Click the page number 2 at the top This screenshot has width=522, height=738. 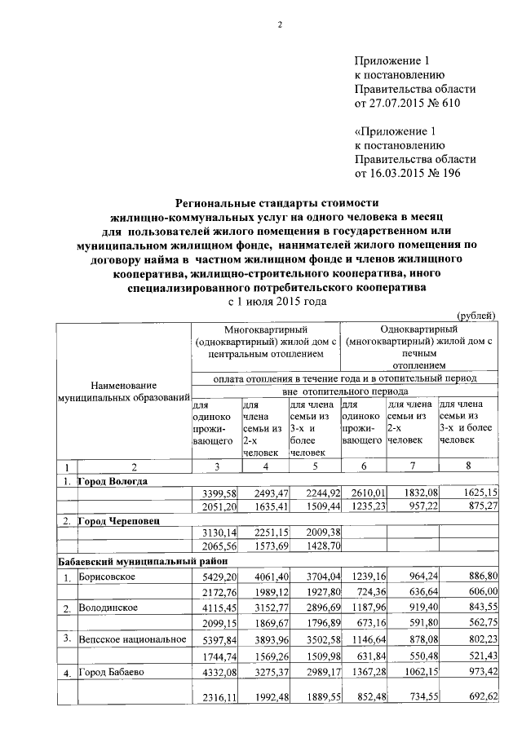pyautogui.click(x=278, y=24)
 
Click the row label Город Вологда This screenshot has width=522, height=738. pyautogui.click(x=113, y=481)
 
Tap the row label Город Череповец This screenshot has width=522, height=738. pyautogui.click(x=118, y=519)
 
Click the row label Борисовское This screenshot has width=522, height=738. pyautogui.click(x=107, y=577)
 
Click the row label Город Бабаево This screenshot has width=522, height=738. pyautogui.click(x=111, y=672)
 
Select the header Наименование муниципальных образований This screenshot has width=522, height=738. pyautogui.click(x=123, y=391)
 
